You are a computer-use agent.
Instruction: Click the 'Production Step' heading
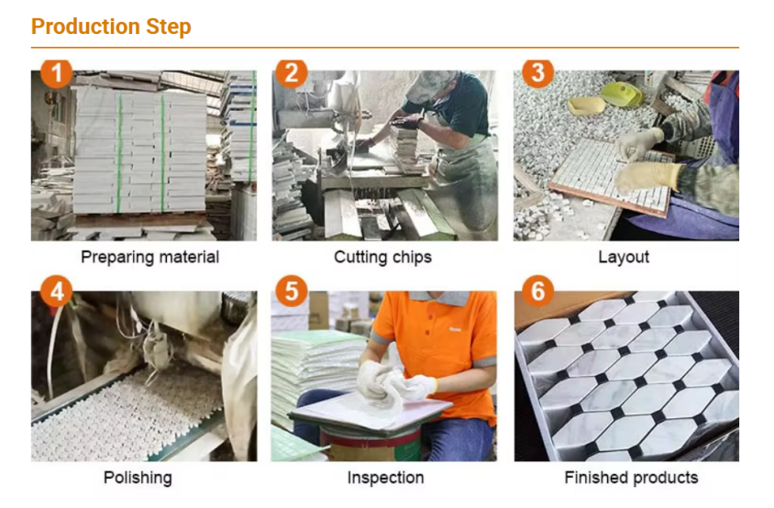pyautogui.click(x=111, y=27)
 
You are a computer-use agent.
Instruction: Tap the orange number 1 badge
pyautogui.click(x=56, y=73)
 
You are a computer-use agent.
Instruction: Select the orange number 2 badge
pyautogui.click(x=292, y=73)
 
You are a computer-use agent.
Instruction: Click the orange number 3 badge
pyautogui.click(x=538, y=73)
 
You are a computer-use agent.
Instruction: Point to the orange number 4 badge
pyautogui.click(x=56, y=292)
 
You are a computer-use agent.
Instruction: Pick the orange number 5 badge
pyautogui.click(x=292, y=292)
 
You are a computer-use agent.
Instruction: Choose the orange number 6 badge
pyautogui.click(x=538, y=292)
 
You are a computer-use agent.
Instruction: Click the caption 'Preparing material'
pyautogui.click(x=150, y=257)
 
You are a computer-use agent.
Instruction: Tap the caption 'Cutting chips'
pyautogui.click(x=382, y=257)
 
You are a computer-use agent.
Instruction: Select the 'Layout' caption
pyautogui.click(x=624, y=257)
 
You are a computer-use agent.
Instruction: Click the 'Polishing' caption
pyautogui.click(x=138, y=478)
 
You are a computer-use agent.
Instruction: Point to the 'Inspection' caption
pyautogui.click(x=385, y=478)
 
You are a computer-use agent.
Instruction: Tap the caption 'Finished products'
pyautogui.click(x=631, y=478)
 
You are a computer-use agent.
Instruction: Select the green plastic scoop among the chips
pyautogui.click(x=621, y=94)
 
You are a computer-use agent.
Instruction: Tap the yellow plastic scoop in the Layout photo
pyautogui.click(x=586, y=105)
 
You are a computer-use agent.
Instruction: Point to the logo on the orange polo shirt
pyautogui.click(x=455, y=329)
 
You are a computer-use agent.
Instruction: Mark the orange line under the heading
pyautogui.click(x=385, y=48)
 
